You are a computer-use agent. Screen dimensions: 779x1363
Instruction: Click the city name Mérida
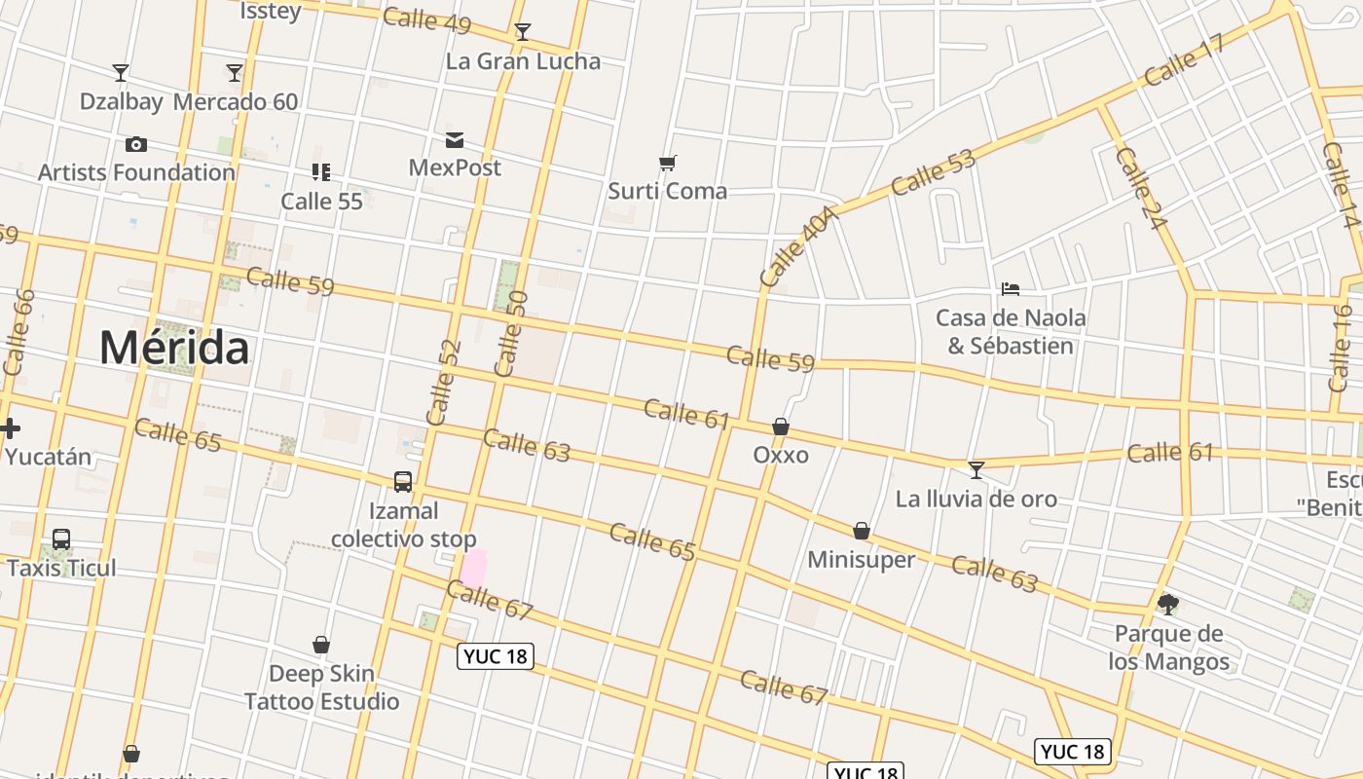coord(174,348)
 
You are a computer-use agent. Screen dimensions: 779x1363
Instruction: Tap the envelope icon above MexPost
coord(455,140)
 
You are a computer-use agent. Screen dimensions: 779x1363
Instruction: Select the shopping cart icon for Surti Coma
coord(667,163)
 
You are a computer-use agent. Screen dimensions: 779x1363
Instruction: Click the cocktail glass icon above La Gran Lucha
coord(523,32)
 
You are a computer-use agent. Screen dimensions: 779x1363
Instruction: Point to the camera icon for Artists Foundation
coord(136,145)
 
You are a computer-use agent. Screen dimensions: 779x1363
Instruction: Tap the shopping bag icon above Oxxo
coord(781,427)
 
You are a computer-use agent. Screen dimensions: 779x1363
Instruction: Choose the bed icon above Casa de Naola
coord(1011,289)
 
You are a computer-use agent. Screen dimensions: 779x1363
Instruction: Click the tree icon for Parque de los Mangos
coord(1168,604)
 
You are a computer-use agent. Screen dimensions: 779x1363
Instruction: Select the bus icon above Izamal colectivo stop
coord(403,481)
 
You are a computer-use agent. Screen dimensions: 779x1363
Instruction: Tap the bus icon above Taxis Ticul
coord(61,538)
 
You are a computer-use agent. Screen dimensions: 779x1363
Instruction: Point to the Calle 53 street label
coord(933,172)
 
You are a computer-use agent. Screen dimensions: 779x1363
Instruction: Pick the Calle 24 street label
coord(1140,189)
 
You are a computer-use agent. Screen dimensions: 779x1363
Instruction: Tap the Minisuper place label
coord(862,559)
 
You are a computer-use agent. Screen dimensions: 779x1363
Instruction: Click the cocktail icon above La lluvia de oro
coord(976,470)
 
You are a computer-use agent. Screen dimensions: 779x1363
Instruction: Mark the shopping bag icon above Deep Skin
coord(321,645)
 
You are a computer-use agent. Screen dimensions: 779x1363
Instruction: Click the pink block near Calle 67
coord(473,568)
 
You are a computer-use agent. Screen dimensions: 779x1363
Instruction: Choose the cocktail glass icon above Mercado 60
coord(235,73)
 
